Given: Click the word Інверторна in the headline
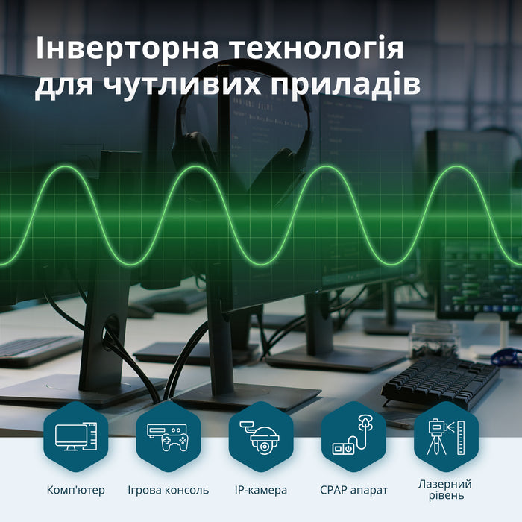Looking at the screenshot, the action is [127, 48].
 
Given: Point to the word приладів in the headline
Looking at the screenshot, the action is [345, 87].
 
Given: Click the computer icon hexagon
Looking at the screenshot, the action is [76, 436].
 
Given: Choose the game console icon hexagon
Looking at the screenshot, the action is [169, 436].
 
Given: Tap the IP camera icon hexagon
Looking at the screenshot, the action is [261, 436].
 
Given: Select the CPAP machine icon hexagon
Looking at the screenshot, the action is [353, 436].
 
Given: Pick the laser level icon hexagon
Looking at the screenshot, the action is [446, 436].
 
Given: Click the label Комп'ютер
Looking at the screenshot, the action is [75, 490].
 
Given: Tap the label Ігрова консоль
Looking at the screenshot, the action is [169, 490].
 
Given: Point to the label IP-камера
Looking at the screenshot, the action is [261, 490].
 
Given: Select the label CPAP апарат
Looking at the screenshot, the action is [354, 490].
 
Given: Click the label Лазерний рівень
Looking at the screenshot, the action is [445, 490].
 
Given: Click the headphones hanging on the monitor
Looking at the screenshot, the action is [242, 133].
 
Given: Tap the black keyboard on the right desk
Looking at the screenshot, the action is [440, 380].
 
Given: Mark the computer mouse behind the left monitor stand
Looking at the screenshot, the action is [141, 311].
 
